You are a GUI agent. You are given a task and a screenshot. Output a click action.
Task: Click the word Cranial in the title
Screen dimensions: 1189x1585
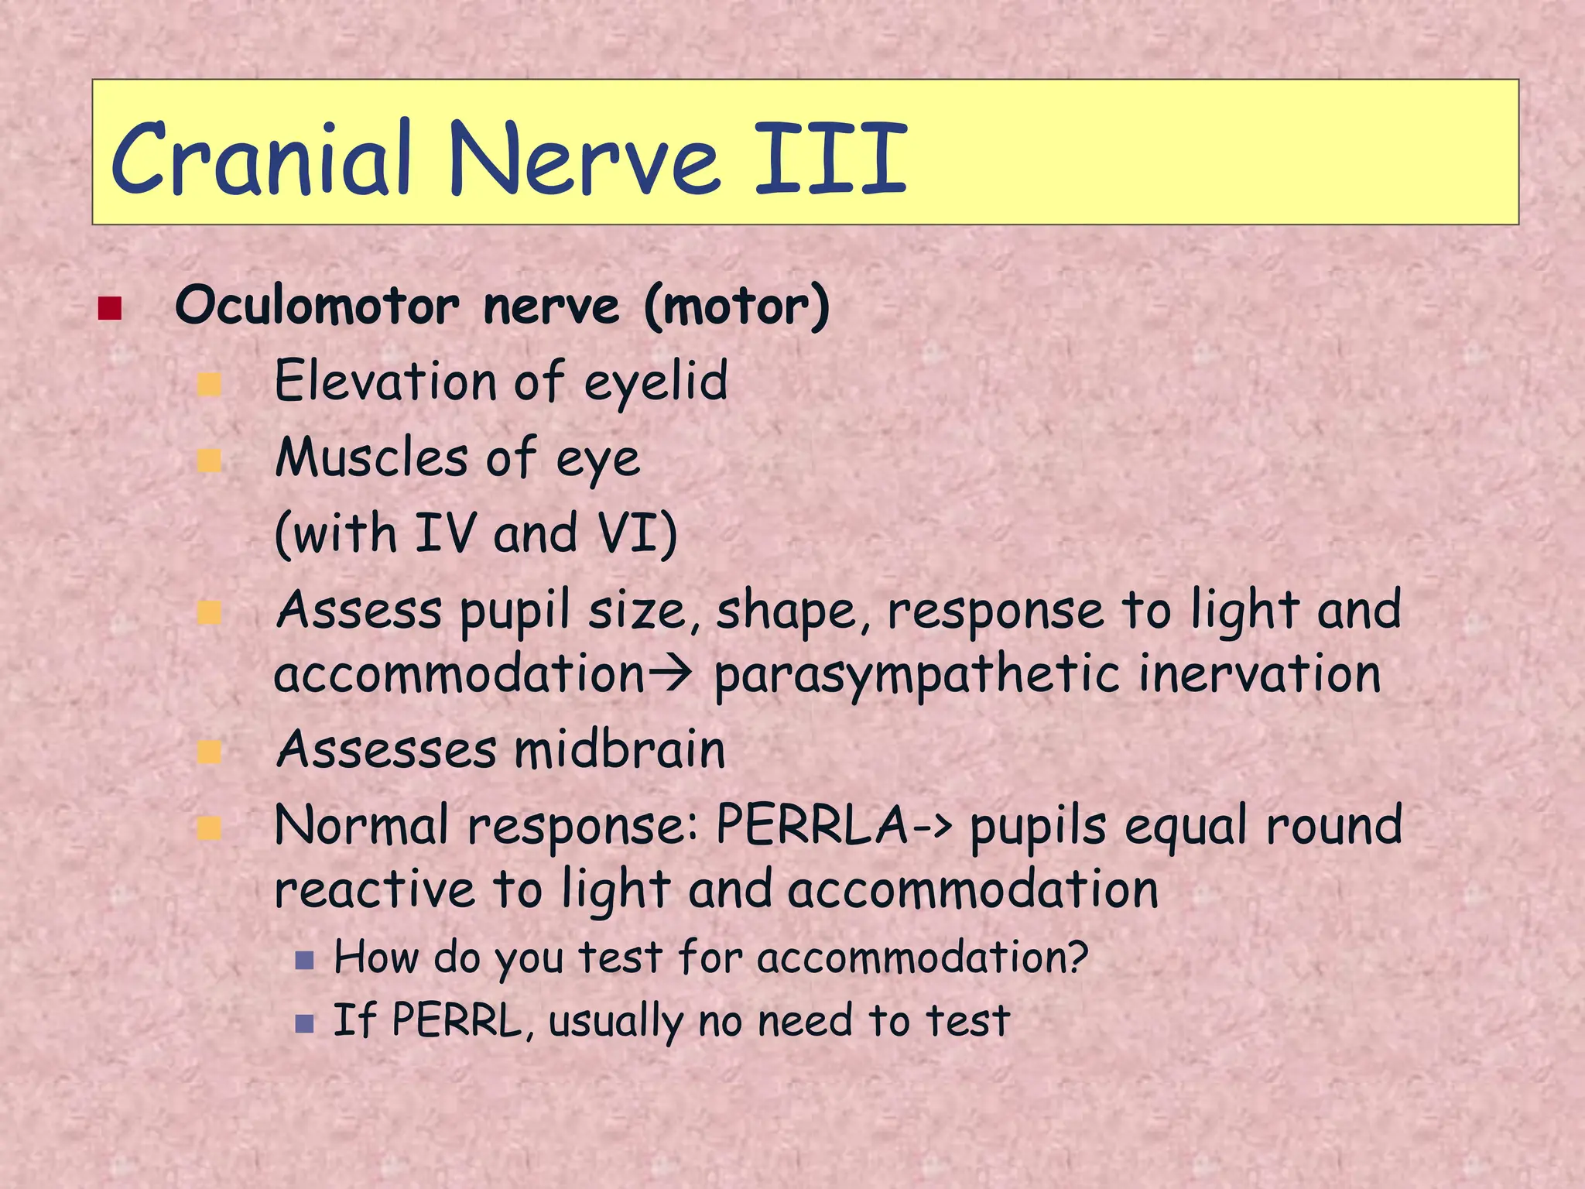point(260,160)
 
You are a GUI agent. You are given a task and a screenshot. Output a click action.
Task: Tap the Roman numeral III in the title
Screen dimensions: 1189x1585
point(830,160)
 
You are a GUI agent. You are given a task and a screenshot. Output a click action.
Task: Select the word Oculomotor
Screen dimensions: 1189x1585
point(317,307)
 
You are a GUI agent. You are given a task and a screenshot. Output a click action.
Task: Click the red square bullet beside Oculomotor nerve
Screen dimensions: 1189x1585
point(110,308)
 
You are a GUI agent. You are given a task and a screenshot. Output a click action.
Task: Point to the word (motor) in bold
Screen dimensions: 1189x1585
point(736,307)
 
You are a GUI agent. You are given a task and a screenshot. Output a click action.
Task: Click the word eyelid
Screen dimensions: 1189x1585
point(656,382)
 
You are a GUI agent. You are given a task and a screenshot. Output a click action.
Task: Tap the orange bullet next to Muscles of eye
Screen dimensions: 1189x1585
point(209,461)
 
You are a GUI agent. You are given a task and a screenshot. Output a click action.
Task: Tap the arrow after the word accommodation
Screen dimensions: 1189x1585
point(668,674)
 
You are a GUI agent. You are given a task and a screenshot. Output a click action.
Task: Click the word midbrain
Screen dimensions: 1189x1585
point(619,750)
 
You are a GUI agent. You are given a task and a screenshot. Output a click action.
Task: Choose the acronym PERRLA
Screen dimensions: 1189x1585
point(812,825)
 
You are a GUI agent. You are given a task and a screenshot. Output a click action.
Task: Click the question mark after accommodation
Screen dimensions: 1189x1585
point(1078,957)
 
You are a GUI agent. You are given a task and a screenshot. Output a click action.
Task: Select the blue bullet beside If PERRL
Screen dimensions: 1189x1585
point(304,1024)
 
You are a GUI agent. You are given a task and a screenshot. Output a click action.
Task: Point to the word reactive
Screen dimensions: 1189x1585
point(375,890)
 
